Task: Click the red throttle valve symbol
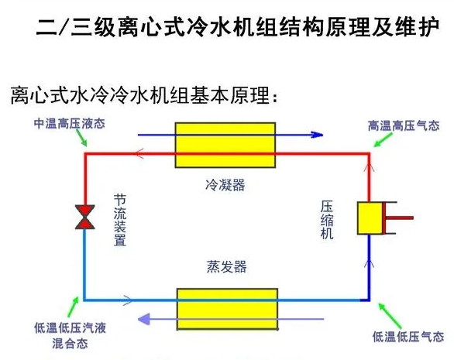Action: [x=85, y=217]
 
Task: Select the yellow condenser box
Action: [x=225, y=145]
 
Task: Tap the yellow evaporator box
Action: [x=227, y=309]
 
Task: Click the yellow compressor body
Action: [x=370, y=218]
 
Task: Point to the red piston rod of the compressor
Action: [x=398, y=218]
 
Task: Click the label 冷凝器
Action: [x=225, y=185]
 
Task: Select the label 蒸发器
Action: [x=226, y=266]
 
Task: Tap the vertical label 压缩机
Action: [x=327, y=220]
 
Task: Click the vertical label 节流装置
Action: [x=120, y=220]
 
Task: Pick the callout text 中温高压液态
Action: [x=70, y=124]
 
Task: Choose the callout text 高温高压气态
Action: [x=404, y=126]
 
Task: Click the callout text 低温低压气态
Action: [x=408, y=337]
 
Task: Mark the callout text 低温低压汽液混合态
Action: [x=70, y=336]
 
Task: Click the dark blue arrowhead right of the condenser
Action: [x=317, y=135]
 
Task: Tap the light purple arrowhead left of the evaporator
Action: [x=144, y=319]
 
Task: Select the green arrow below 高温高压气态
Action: [x=383, y=140]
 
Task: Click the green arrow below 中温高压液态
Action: [x=81, y=138]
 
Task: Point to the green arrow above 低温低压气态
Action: [x=390, y=316]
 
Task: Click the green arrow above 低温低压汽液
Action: [x=74, y=307]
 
